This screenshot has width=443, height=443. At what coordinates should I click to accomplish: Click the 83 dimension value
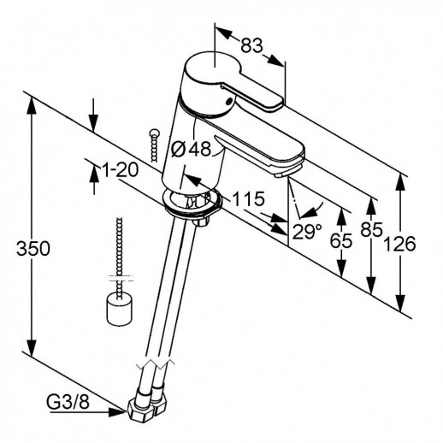(x=251, y=45)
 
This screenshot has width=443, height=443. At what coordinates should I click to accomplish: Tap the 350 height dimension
(x=33, y=248)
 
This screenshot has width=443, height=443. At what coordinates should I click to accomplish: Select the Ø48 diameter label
(x=192, y=148)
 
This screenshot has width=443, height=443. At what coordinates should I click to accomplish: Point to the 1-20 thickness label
(x=120, y=170)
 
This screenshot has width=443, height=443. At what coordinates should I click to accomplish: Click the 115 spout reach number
(x=249, y=198)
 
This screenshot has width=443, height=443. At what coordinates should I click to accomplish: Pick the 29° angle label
(x=307, y=232)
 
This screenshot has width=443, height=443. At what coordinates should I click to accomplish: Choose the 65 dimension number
(x=341, y=241)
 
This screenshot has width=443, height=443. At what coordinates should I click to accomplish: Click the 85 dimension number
(x=371, y=229)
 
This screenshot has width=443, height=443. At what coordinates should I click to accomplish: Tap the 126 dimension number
(x=399, y=245)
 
